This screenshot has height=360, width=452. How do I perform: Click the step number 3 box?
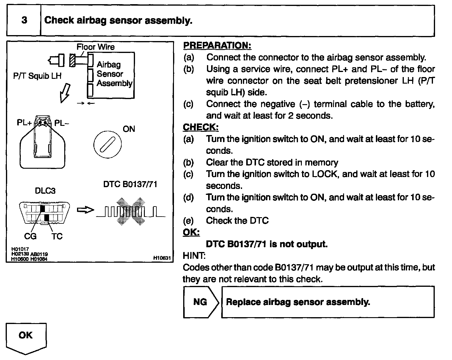[24, 21]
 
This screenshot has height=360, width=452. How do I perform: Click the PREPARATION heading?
[217, 46]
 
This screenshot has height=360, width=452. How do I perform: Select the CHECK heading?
[201, 127]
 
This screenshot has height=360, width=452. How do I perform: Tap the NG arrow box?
[201, 302]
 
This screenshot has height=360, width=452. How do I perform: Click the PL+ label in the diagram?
[24, 123]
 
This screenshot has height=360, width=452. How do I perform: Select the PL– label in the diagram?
[62, 123]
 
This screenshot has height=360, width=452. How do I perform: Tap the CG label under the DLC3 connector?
[30, 236]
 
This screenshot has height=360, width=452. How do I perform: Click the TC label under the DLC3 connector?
[57, 236]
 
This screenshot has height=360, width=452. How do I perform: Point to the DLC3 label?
[45, 190]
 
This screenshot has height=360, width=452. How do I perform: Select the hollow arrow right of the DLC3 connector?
[85, 210]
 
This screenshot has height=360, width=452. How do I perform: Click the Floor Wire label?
[95, 47]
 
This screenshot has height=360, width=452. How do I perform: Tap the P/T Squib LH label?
[37, 76]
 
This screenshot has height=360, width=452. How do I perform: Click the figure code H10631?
[162, 258]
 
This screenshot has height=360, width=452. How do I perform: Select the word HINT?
[194, 256]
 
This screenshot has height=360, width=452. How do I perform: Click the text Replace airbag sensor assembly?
[298, 302]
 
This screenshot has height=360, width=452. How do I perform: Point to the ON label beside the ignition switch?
[129, 129]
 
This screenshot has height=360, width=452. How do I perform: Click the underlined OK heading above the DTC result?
[191, 232]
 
